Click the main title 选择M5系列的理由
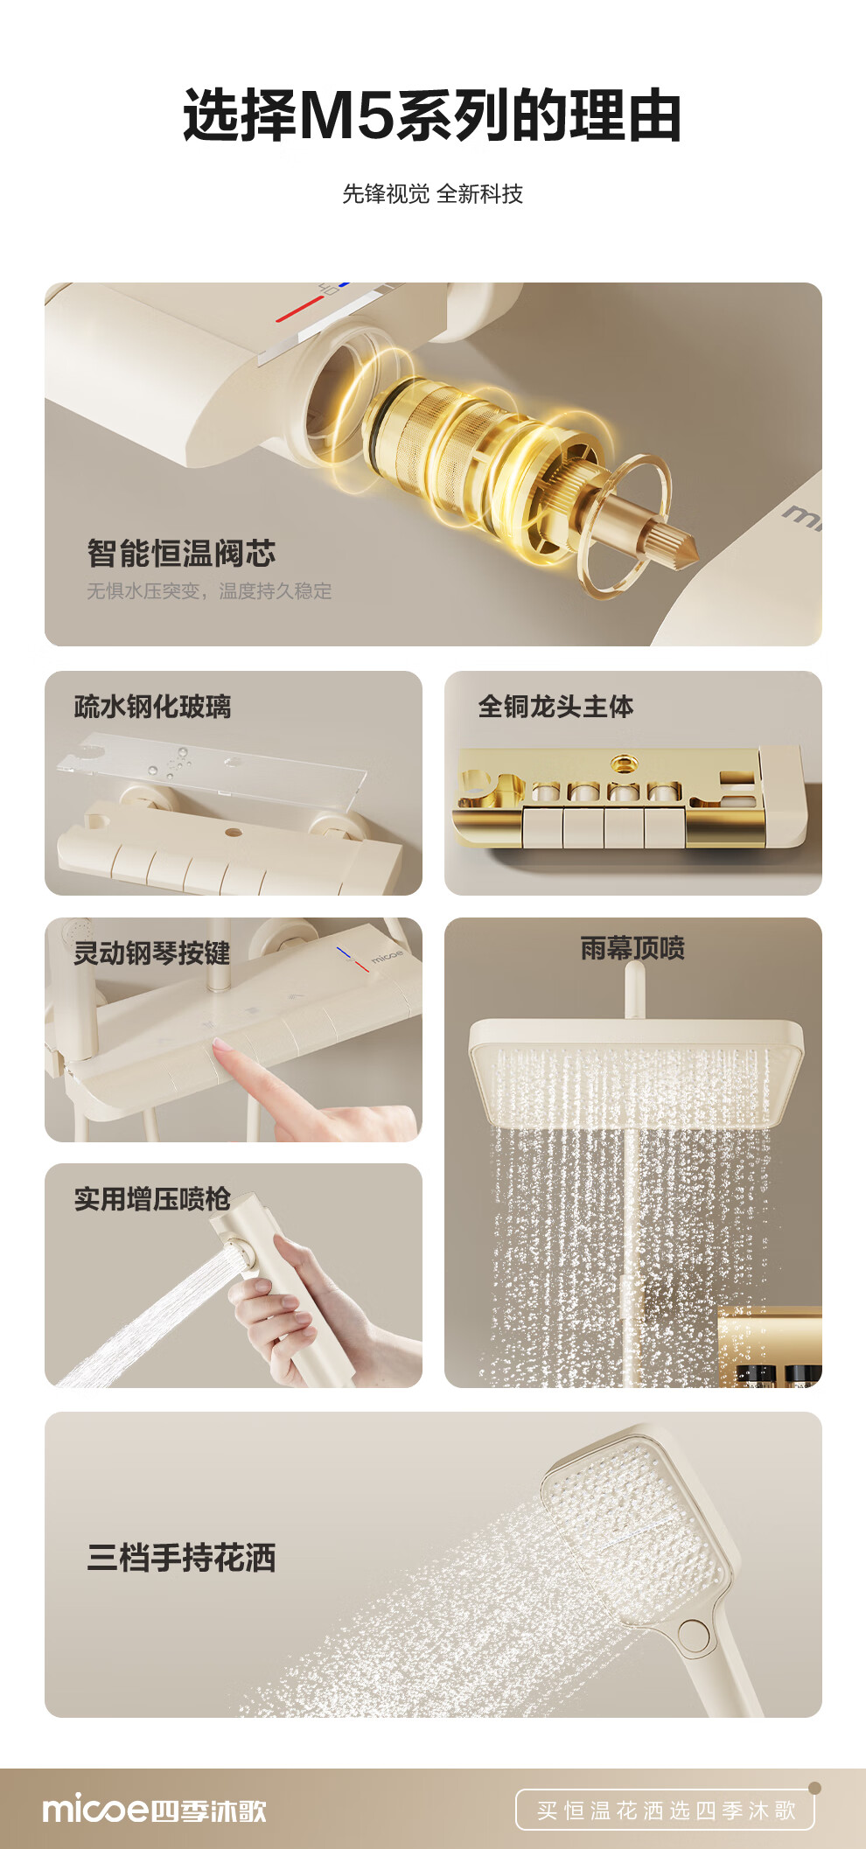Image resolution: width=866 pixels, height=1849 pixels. point(432,115)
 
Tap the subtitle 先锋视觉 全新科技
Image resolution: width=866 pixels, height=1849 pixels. point(432,193)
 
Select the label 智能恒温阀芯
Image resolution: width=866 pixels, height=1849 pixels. point(181,553)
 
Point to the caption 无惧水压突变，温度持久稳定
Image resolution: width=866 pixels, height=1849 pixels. point(209,591)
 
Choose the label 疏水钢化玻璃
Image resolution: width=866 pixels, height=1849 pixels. point(152,706)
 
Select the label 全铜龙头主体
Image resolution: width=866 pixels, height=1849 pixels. point(555,706)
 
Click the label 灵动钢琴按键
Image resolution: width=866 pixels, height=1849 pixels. point(151,952)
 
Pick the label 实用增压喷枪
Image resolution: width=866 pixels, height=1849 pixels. point(152,1198)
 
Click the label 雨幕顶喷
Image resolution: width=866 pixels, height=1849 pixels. point(632,947)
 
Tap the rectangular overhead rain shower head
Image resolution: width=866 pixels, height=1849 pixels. point(635,1071)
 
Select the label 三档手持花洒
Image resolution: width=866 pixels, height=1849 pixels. point(181,1557)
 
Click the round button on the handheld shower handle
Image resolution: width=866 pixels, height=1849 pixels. point(694,1634)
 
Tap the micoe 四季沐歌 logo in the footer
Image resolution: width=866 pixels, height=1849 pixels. point(154,1810)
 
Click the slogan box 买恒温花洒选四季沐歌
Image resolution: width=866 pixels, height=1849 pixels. point(665,1810)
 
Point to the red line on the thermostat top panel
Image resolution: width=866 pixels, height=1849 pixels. point(299,309)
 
